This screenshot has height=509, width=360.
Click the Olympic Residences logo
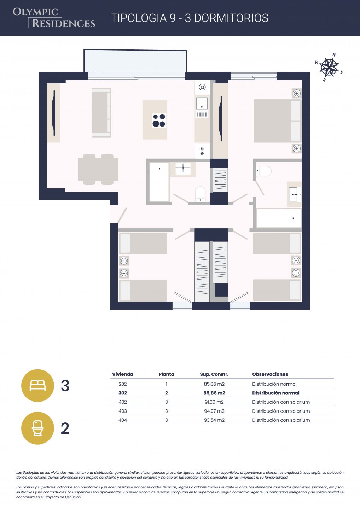point(54,18)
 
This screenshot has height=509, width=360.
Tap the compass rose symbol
point(329,67)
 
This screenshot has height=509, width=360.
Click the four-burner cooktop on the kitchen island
point(159,121)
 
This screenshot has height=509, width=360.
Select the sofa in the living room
point(101,113)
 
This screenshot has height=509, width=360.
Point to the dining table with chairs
point(98,169)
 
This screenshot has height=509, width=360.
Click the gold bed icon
point(37,386)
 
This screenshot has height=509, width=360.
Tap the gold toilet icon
point(37,428)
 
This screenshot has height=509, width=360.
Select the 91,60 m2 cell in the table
point(214,402)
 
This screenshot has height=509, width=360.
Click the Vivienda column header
point(123,374)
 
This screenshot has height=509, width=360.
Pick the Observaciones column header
point(270,374)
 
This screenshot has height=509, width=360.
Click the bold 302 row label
point(123,393)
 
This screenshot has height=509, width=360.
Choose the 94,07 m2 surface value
point(214,411)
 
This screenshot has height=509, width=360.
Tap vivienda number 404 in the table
point(123,420)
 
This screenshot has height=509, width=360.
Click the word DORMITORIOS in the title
point(231,18)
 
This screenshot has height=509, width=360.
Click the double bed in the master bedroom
point(277,121)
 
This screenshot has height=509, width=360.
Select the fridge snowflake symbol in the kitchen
point(202,151)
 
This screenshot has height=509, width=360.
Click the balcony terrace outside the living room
point(135,61)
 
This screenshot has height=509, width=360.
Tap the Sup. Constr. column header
point(214,374)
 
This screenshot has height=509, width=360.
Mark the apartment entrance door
point(122,215)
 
